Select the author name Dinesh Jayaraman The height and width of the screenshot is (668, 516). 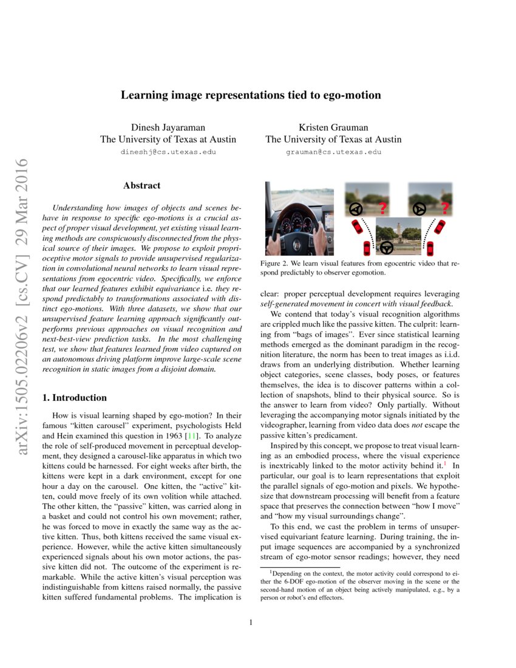pos(168,127)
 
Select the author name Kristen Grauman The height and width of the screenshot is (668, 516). pos(333,127)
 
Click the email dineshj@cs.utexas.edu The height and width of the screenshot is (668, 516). pos(168,152)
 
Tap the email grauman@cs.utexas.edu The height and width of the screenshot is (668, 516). pos(333,152)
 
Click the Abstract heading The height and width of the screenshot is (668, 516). pos(141,185)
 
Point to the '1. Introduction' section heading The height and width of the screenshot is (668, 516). pos(73,398)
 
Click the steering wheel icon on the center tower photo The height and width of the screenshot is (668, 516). pos(386,247)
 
